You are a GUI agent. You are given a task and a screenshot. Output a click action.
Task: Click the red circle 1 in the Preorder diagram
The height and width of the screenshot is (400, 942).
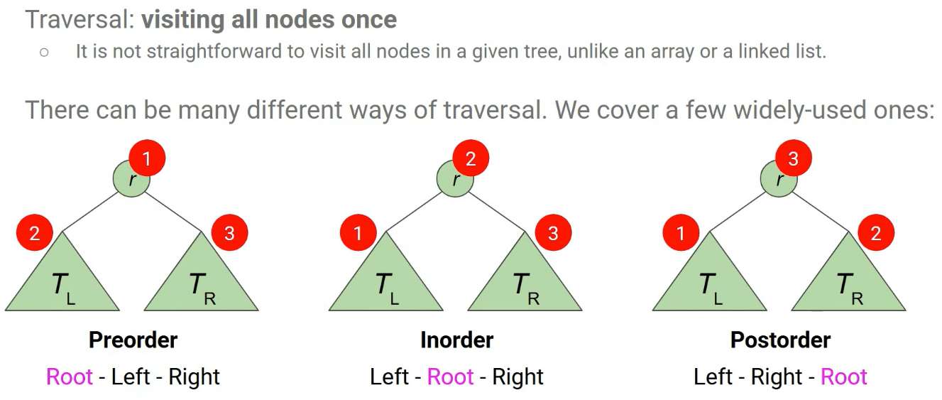click(147, 158)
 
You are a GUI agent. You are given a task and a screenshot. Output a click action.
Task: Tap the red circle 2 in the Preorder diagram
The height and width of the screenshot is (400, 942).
click(35, 233)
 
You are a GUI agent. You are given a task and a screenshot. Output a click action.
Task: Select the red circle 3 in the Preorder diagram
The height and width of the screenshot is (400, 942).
click(229, 233)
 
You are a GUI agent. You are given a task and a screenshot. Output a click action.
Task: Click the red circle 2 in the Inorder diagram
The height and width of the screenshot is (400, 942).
click(471, 158)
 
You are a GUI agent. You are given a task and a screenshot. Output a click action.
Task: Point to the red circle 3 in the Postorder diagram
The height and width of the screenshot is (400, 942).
click(794, 158)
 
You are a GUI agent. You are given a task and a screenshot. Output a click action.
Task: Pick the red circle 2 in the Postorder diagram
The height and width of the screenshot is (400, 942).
click(875, 233)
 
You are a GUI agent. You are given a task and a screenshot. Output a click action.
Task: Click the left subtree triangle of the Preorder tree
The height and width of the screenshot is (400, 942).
click(62, 281)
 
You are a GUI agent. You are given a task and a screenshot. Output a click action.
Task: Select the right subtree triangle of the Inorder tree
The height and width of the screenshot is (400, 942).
click(525, 281)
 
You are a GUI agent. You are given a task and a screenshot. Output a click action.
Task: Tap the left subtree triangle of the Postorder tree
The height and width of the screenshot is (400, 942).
click(709, 281)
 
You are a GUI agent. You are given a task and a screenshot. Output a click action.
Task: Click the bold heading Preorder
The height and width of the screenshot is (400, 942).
click(133, 340)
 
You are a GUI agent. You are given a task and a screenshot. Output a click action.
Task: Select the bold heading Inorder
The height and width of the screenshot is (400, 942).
click(456, 340)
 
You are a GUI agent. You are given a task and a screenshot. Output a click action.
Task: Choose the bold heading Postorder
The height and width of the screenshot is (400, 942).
click(780, 340)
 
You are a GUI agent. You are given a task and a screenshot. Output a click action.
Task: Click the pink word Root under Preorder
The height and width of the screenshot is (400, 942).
click(70, 377)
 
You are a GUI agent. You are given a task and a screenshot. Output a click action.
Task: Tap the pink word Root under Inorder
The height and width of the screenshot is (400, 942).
click(450, 377)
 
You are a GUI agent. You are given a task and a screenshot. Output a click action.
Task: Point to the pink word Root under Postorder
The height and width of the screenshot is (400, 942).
click(844, 377)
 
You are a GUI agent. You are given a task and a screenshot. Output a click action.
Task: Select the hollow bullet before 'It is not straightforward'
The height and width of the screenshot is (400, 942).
click(44, 53)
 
